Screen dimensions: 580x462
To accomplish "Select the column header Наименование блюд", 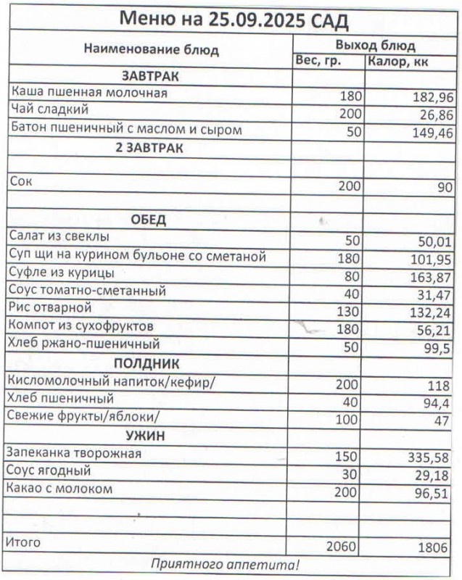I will (151, 50).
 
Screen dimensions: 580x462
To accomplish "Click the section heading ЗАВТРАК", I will (150, 76).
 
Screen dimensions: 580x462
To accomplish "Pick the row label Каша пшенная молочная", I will (89, 94).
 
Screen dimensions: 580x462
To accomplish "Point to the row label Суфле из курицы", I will (62, 273).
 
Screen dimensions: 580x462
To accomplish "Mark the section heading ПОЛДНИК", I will (148, 363).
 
